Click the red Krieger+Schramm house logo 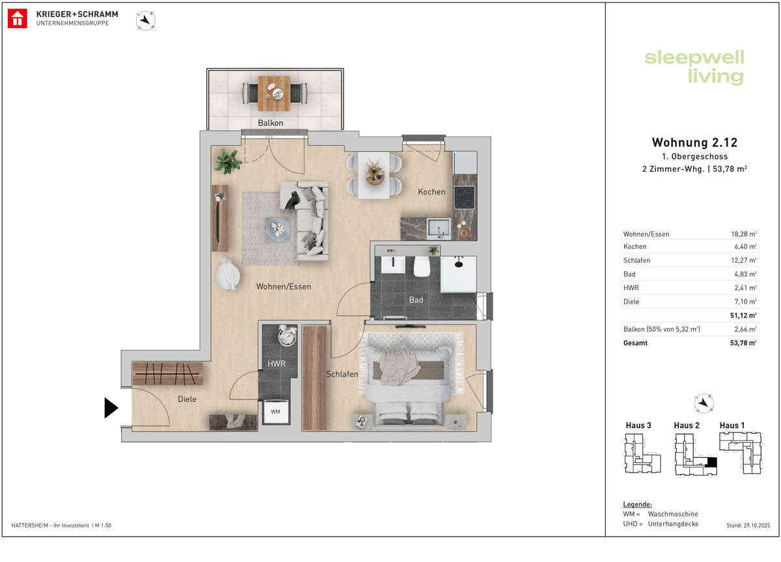pos(18,18)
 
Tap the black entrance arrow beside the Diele pos(111,408)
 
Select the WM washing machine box pos(275,412)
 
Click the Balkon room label pos(270,123)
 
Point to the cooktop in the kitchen pos(464,198)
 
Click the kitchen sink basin pos(439,228)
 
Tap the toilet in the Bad pos(422,267)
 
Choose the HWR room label pos(277,364)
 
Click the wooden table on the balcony pos(274,94)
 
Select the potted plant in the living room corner pos(228,161)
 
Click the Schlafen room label pos(342,374)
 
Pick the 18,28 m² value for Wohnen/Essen pos(744,234)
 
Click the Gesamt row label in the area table pos(635,343)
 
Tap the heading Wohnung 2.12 pos(694,142)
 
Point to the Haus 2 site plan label pos(687,425)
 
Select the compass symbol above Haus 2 pos(704,403)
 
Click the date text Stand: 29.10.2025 pos(748,526)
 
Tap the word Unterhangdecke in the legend pos(673,524)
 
